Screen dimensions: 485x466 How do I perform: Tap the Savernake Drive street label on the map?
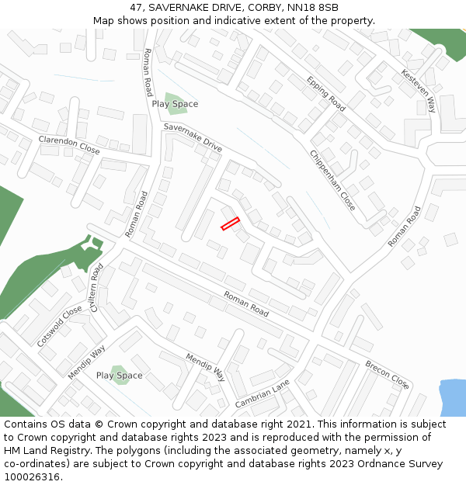coord(193,137)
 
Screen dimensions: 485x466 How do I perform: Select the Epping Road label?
coord(325,93)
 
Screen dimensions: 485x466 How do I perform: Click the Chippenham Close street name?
coord(332,181)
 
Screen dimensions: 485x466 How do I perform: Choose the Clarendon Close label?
coord(69,144)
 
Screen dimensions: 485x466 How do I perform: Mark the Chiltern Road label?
coord(97,287)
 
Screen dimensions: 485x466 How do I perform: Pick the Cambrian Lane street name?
coord(263,394)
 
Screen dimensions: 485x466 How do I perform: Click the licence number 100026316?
coord(33,477)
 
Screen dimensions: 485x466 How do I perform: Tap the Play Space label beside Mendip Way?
coord(119,376)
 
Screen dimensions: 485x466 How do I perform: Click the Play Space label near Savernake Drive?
coord(175,104)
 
